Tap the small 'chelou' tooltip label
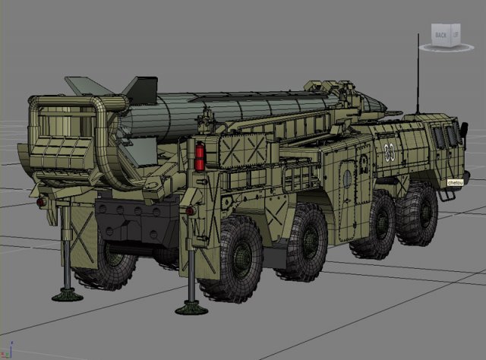click(455, 183)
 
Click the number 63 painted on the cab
click(390, 151)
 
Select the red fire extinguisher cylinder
click(200, 156)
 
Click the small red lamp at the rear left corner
click(40, 203)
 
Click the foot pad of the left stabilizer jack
click(68, 295)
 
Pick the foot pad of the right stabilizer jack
click(191, 308)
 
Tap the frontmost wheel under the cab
click(417, 213)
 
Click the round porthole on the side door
click(347, 180)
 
